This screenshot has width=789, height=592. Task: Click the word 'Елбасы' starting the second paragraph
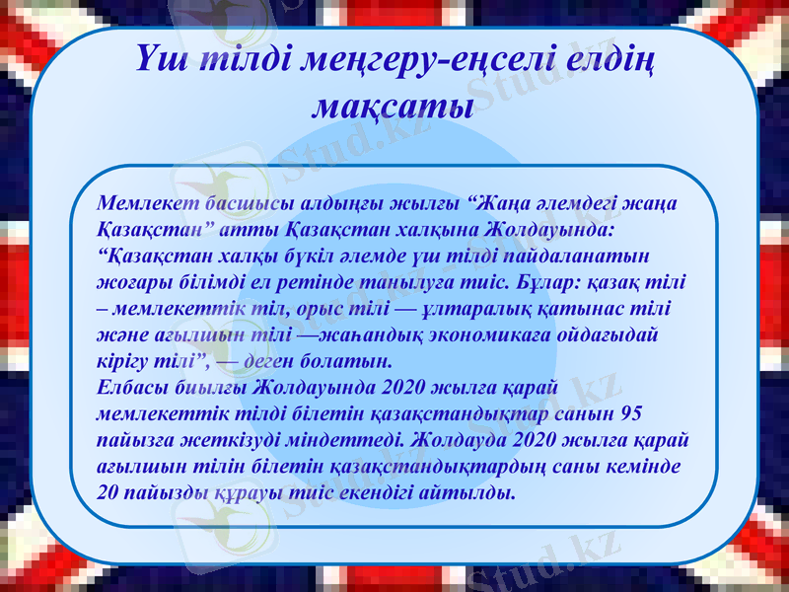[x=129, y=386]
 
